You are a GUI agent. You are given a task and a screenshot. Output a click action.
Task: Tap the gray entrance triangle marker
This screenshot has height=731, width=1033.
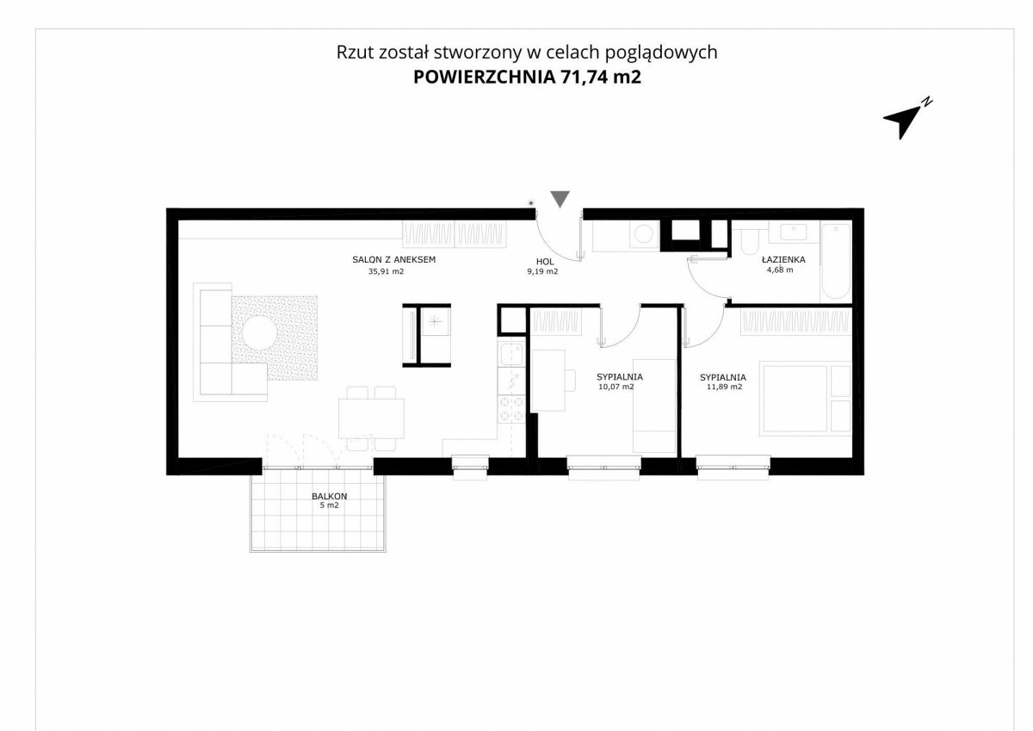[x=560, y=199]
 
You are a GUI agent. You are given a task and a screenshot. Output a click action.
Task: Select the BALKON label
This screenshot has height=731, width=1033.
[x=329, y=496]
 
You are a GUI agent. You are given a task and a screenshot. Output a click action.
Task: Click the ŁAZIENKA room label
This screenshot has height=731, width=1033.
[x=783, y=260]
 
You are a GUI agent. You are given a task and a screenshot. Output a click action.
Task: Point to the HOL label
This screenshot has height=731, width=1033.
[x=545, y=262]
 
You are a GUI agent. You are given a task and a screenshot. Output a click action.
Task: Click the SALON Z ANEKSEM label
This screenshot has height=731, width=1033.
[x=394, y=260]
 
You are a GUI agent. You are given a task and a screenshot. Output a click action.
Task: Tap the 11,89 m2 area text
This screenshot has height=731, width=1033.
[x=725, y=387]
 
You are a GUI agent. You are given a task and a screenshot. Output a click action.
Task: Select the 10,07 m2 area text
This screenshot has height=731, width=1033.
[x=616, y=387]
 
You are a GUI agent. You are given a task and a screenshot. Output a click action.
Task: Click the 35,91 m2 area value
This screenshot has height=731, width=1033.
[x=386, y=271]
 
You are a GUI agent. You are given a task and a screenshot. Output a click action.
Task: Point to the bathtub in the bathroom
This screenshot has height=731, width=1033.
[x=836, y=262]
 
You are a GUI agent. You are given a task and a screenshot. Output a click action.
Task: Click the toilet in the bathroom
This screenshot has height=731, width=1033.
[x=749, y=239]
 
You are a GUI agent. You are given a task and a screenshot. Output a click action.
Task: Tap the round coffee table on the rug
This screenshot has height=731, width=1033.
[x=260, y=332]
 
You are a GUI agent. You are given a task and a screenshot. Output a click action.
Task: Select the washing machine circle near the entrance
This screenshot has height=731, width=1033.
[x=644, y=234]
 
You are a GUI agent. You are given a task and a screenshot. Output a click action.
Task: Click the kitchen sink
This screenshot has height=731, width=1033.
[x=511, y=355]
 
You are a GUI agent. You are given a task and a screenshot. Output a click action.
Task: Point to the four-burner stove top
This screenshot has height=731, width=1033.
[x=512, y=409]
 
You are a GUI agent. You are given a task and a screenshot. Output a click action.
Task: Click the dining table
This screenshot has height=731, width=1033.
[x=371, y=418]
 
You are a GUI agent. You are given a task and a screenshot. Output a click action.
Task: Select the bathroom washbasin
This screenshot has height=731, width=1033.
[x=794, y=232]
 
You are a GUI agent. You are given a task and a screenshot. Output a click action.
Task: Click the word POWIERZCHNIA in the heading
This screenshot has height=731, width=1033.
[x=484, y=77]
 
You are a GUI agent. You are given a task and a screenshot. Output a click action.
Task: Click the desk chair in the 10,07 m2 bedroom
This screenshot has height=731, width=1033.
[x=571, y=381]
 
